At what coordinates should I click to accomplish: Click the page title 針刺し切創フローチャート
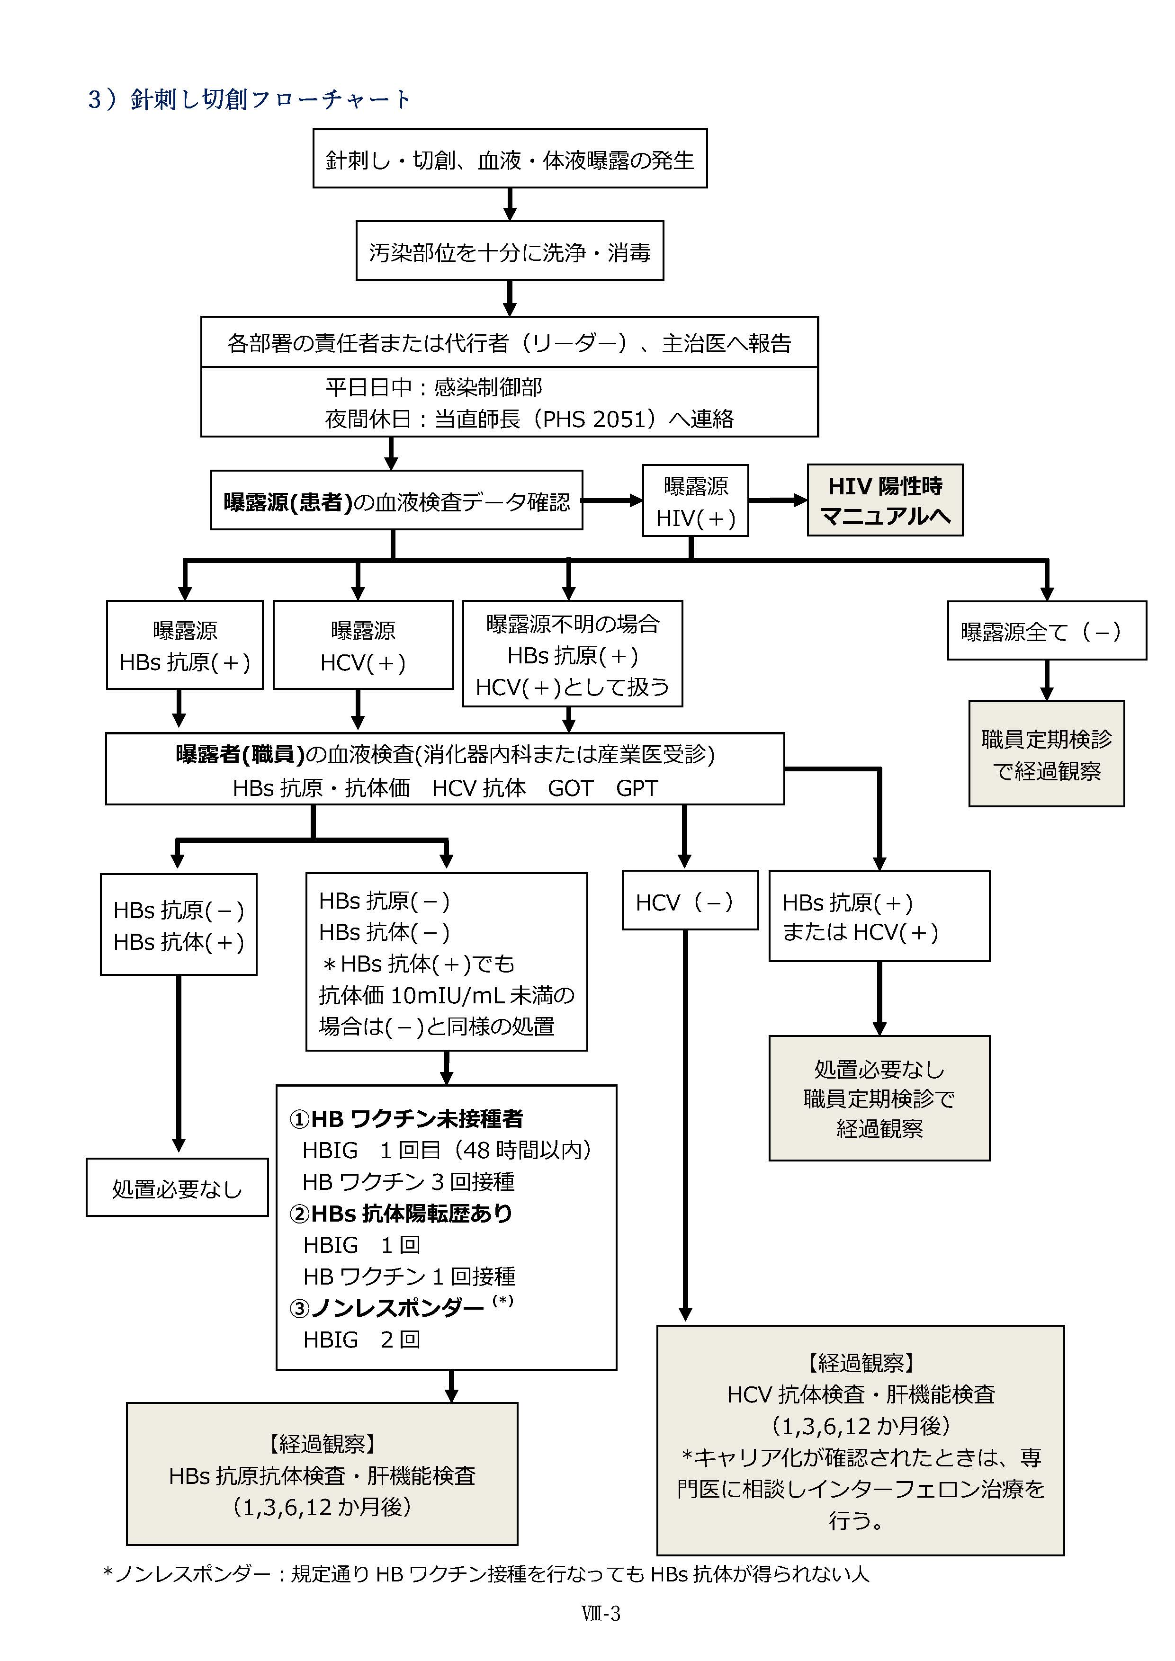[250, 98]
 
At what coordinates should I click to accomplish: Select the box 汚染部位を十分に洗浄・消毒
[510, 251]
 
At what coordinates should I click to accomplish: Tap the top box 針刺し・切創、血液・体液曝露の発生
[510, 159]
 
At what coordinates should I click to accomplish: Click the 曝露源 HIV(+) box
[695, 500]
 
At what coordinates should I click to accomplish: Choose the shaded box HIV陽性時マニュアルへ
[884, 500]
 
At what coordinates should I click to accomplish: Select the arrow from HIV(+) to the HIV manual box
[777, 500]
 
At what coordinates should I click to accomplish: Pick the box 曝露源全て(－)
[1046, 631]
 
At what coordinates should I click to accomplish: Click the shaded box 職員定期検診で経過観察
[1046, 754]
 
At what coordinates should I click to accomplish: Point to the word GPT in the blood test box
[637, 788]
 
